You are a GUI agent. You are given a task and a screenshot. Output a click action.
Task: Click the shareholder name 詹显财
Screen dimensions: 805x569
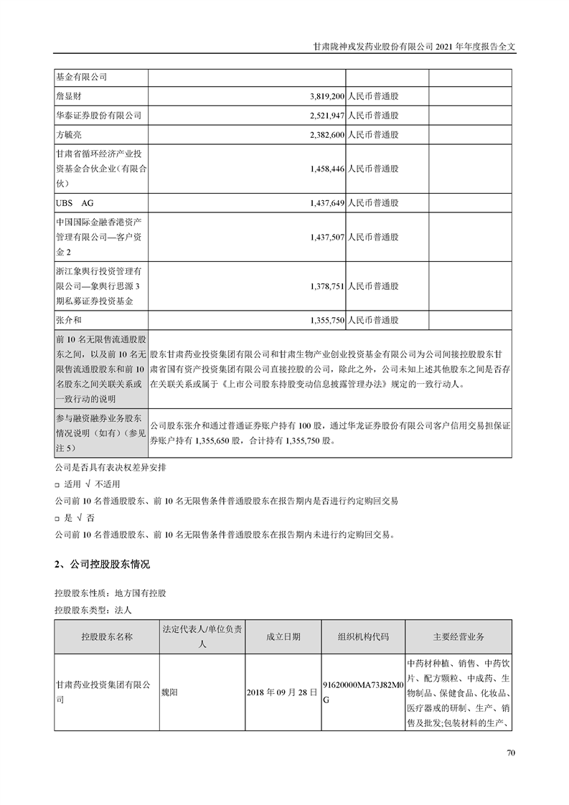70,95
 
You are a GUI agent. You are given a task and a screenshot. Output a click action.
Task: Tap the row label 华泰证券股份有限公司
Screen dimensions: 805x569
98,115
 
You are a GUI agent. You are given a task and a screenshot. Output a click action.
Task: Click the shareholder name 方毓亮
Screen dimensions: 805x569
70,134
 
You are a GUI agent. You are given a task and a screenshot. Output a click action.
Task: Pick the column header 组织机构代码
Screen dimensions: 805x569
363,636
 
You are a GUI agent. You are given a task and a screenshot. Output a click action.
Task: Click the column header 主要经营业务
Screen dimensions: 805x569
459,636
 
